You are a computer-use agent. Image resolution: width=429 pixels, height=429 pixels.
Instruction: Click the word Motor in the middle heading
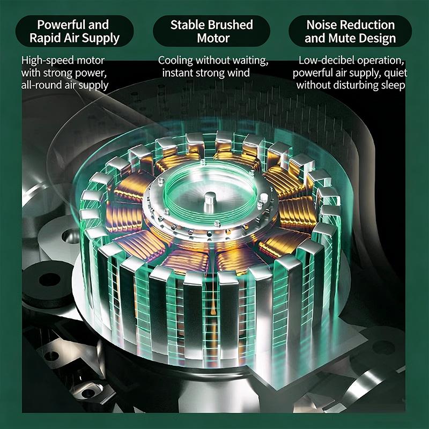point(213,38)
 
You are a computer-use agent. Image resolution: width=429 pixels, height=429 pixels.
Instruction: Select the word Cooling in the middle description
point(175,61)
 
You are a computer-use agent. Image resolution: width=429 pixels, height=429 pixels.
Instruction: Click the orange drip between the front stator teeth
point(212,306)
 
